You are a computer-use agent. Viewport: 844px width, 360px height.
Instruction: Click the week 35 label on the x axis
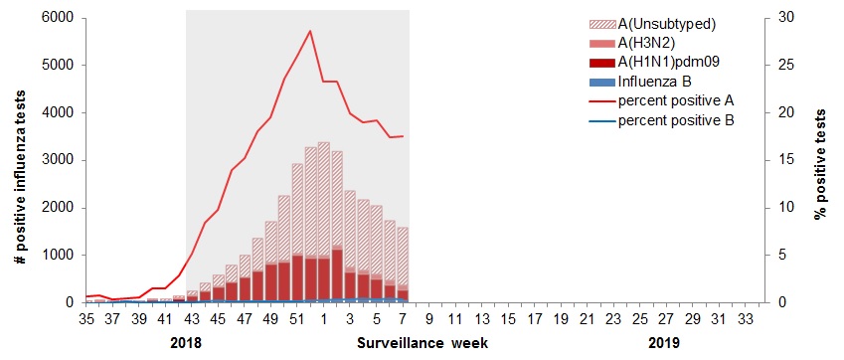click(x=86, y=318)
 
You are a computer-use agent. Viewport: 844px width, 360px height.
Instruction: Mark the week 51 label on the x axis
click(x=296, y=318)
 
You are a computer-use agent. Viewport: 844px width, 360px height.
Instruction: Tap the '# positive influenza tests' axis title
click(x=20, y=159)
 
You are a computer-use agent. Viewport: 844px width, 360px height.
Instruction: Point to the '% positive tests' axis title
click(x=821, y=159)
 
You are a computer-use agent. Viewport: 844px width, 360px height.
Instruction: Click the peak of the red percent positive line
click(x=310, y=31)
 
